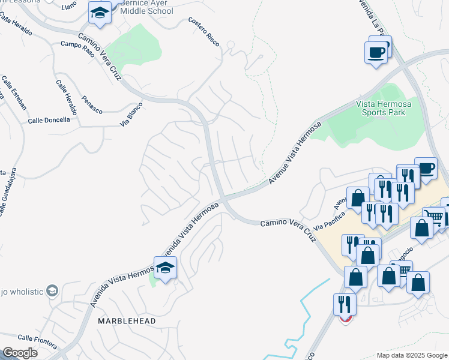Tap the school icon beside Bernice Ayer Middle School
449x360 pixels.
(100, 13)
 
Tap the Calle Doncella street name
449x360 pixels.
(49, 120)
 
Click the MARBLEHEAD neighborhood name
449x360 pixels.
(127, 321)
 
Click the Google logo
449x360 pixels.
(20, 353)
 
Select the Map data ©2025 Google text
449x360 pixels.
(411, 355)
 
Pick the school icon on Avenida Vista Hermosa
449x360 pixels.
(165, 268)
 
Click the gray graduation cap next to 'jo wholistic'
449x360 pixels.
(52, 291)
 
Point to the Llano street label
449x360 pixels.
(69, 5)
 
